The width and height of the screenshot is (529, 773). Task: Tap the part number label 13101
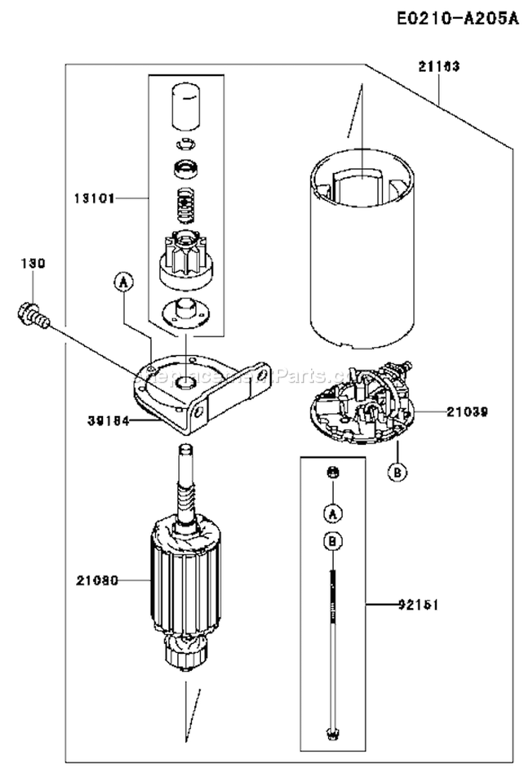(95, 198)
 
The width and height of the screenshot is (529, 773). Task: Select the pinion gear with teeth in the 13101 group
(183, 260)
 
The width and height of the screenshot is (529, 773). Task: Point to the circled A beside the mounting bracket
(123, 283)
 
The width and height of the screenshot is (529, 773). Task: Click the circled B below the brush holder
(397, 473)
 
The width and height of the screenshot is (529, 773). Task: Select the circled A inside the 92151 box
(332, 513)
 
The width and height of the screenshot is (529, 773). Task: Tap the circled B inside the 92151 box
(332, 542)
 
